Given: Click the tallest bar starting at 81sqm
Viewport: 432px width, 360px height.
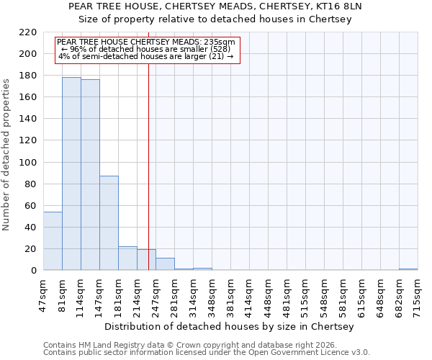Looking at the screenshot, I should pos(71,174).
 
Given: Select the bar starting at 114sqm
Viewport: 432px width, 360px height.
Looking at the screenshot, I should pos(90,175).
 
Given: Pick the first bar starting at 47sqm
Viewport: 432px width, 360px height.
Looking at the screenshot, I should pos(53,241).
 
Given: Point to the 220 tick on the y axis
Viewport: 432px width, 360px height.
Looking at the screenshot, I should pos(29,32).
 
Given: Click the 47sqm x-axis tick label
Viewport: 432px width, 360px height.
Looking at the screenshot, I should pos(43,294).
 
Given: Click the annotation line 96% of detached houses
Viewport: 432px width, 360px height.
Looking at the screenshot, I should pos(145,49).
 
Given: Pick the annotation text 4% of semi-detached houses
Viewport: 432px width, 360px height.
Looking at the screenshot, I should pos(145,56).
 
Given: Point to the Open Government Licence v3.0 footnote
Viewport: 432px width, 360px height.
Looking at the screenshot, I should pos(207,353).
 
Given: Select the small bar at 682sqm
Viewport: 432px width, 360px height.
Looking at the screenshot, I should pos(408,269).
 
